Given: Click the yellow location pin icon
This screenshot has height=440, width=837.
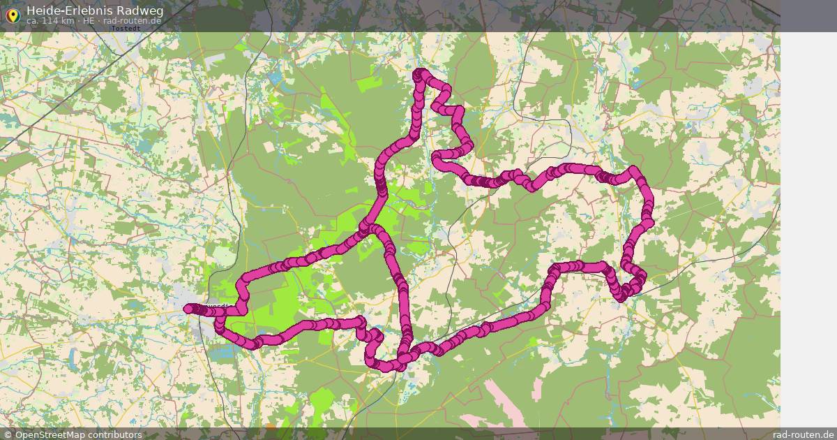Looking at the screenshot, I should click(x=13, y=15).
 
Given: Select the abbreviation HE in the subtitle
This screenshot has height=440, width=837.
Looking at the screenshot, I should click(x=89, y=21).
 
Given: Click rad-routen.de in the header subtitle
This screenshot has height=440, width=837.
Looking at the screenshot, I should click(x=132, y=21).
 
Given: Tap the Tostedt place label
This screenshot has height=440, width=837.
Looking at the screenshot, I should click(x=126, y=29).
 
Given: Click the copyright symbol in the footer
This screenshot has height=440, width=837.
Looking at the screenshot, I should click(x=8, y=434).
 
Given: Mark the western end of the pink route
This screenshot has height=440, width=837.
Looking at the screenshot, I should click(x=188, y=308).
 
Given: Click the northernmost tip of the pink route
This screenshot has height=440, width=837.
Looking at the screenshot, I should click(x=419, y=73).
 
